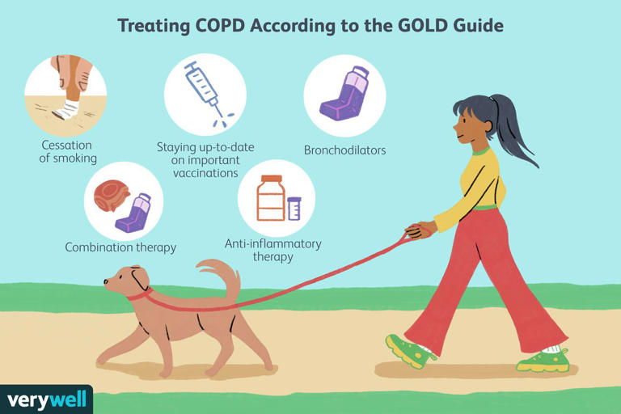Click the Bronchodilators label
pyautogui.click(x=344, y=150)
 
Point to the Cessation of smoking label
pyautogui.click(x=67, y=151)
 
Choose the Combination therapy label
pyautogui.click(x=120, y=247)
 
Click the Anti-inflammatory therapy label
pyautogui.click(x=272, y=250)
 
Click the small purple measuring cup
pyautogui.click(x=294, y=209)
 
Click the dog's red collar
pyautogui.click(x=139, y=294)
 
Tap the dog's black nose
pyautogui.click(x=106, y=282)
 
